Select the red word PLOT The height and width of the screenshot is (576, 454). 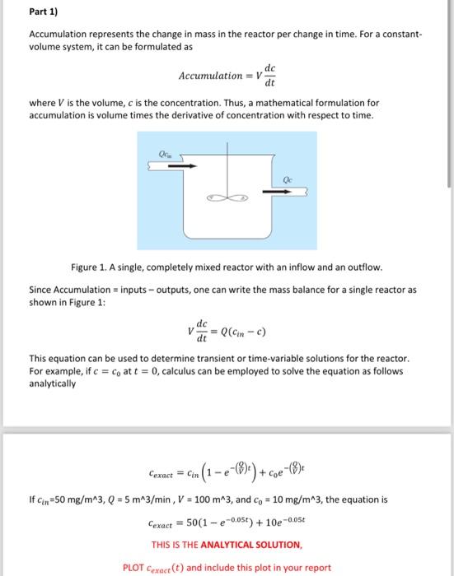pos(133,567)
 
